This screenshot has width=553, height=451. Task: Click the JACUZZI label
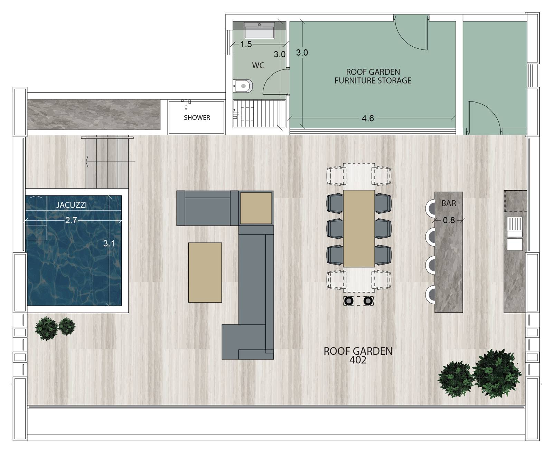(x=72, y=205)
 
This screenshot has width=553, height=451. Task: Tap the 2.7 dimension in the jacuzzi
(x=71, y=220)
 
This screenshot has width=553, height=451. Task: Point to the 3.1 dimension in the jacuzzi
(x=109, y=243)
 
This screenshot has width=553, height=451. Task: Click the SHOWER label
(x=197, y=117)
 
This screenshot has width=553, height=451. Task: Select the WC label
(x=258, y=65)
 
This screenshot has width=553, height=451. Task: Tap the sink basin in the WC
(x=259, y=30)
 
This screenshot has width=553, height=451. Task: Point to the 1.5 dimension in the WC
(x=246, y=44)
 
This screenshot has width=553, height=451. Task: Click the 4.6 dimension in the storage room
(x=368, y=118)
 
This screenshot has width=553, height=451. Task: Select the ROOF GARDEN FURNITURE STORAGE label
(x=373, y=76)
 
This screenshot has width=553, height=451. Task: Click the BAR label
(x=449, y=203)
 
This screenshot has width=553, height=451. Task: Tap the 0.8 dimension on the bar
(x=449, y=220)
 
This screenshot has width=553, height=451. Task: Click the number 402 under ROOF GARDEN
(x=358, y=360)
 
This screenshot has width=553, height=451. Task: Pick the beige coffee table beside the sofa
(x=205, y=272)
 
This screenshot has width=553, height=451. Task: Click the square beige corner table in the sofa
(x=256, y=208)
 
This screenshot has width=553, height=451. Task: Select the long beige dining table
(x=359, y=228)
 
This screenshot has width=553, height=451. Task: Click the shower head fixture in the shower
(x=186, y=103)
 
